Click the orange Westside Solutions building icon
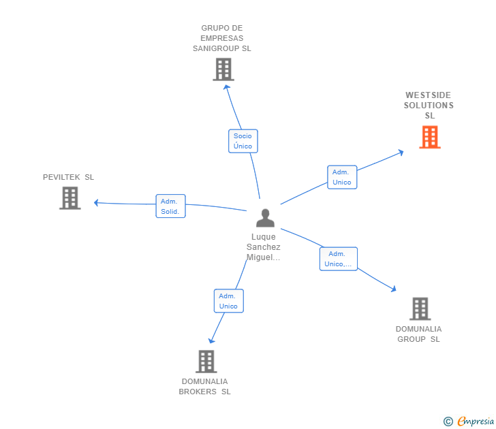[429, 137]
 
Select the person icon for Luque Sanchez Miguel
[265, 218]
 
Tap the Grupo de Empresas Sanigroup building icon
[223, 69]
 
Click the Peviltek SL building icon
[69, 198]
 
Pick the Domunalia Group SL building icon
[420, 308]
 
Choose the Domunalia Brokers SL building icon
[206, 361]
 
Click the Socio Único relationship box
[243, 141]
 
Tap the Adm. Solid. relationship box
[170, 206]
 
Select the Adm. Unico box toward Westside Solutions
[341, 177]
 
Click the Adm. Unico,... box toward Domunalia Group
[338, 259]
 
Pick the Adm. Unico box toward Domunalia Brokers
[228, 301]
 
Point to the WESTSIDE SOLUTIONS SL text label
[429, 106]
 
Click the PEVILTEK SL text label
[68, 177]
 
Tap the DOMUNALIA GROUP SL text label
[418, 334]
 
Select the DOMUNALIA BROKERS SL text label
[204, 386]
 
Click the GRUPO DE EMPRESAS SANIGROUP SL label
[222, 38]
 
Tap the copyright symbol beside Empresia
[448, 422]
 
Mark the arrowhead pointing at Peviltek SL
[97, 202]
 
